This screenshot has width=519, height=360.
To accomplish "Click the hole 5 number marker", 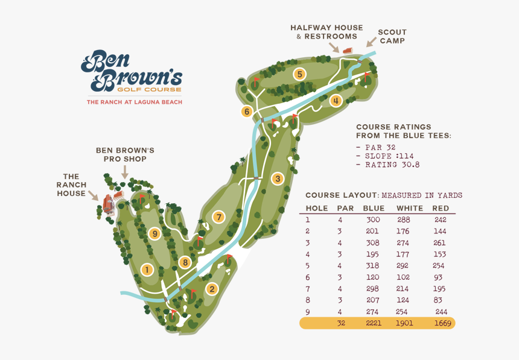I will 299,74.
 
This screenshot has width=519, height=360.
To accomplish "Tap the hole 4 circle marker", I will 336,100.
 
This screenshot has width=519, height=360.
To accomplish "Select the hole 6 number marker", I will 246,112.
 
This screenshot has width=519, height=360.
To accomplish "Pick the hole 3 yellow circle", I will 278,178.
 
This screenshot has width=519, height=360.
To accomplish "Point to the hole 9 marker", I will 155,233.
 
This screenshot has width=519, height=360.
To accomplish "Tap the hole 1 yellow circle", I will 145,270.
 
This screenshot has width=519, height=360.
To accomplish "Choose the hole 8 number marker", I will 185,262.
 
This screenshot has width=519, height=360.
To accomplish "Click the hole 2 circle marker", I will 211,289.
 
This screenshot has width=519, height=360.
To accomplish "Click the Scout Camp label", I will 392,36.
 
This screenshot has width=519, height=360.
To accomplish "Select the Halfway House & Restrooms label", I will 326,32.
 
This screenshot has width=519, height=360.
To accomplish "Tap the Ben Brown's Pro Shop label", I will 126,154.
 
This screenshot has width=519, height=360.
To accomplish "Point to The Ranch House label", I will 71,185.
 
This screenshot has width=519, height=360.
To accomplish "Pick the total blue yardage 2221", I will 374,323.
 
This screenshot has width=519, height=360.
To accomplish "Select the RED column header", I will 441,208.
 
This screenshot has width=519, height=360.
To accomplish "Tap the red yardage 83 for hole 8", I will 438,300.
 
